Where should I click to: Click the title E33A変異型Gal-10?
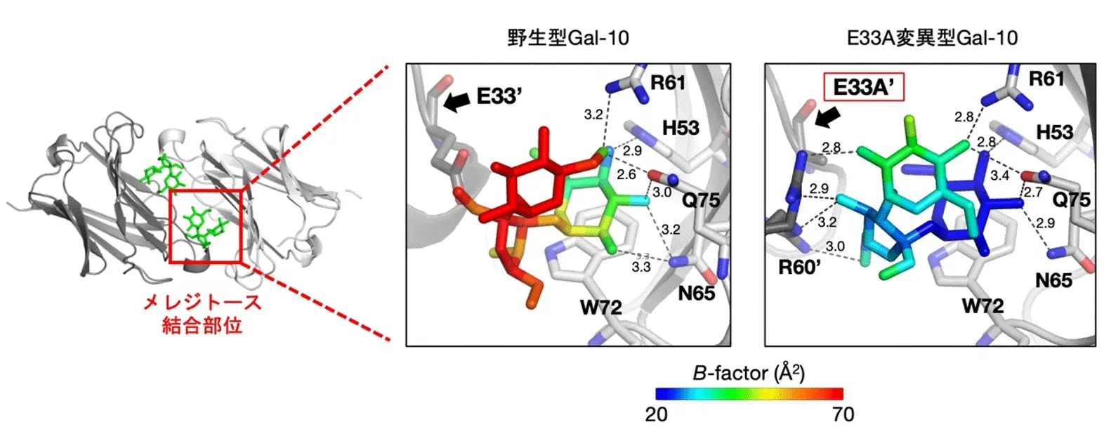tap(931, 38)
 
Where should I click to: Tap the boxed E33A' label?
tap(862, 88)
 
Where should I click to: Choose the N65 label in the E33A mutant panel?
tap(1053, 281)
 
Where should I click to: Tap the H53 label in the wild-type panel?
tap(681, 128)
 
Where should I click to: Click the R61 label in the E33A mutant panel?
tap(1046, 79)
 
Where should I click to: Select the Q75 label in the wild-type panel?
tap(701, 201)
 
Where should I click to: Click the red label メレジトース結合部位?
tap(202, 314)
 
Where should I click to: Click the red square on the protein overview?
tap(206, 226)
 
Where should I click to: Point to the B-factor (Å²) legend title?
tap(749, 373)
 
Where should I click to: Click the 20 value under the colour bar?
tap(656, 415)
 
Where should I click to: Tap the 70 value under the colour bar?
tap(843, 415)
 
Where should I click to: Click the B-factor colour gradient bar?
tap(749, 394)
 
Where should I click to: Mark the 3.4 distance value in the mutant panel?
tap(999, 175)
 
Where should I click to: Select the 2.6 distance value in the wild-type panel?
tap(626, 174)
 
